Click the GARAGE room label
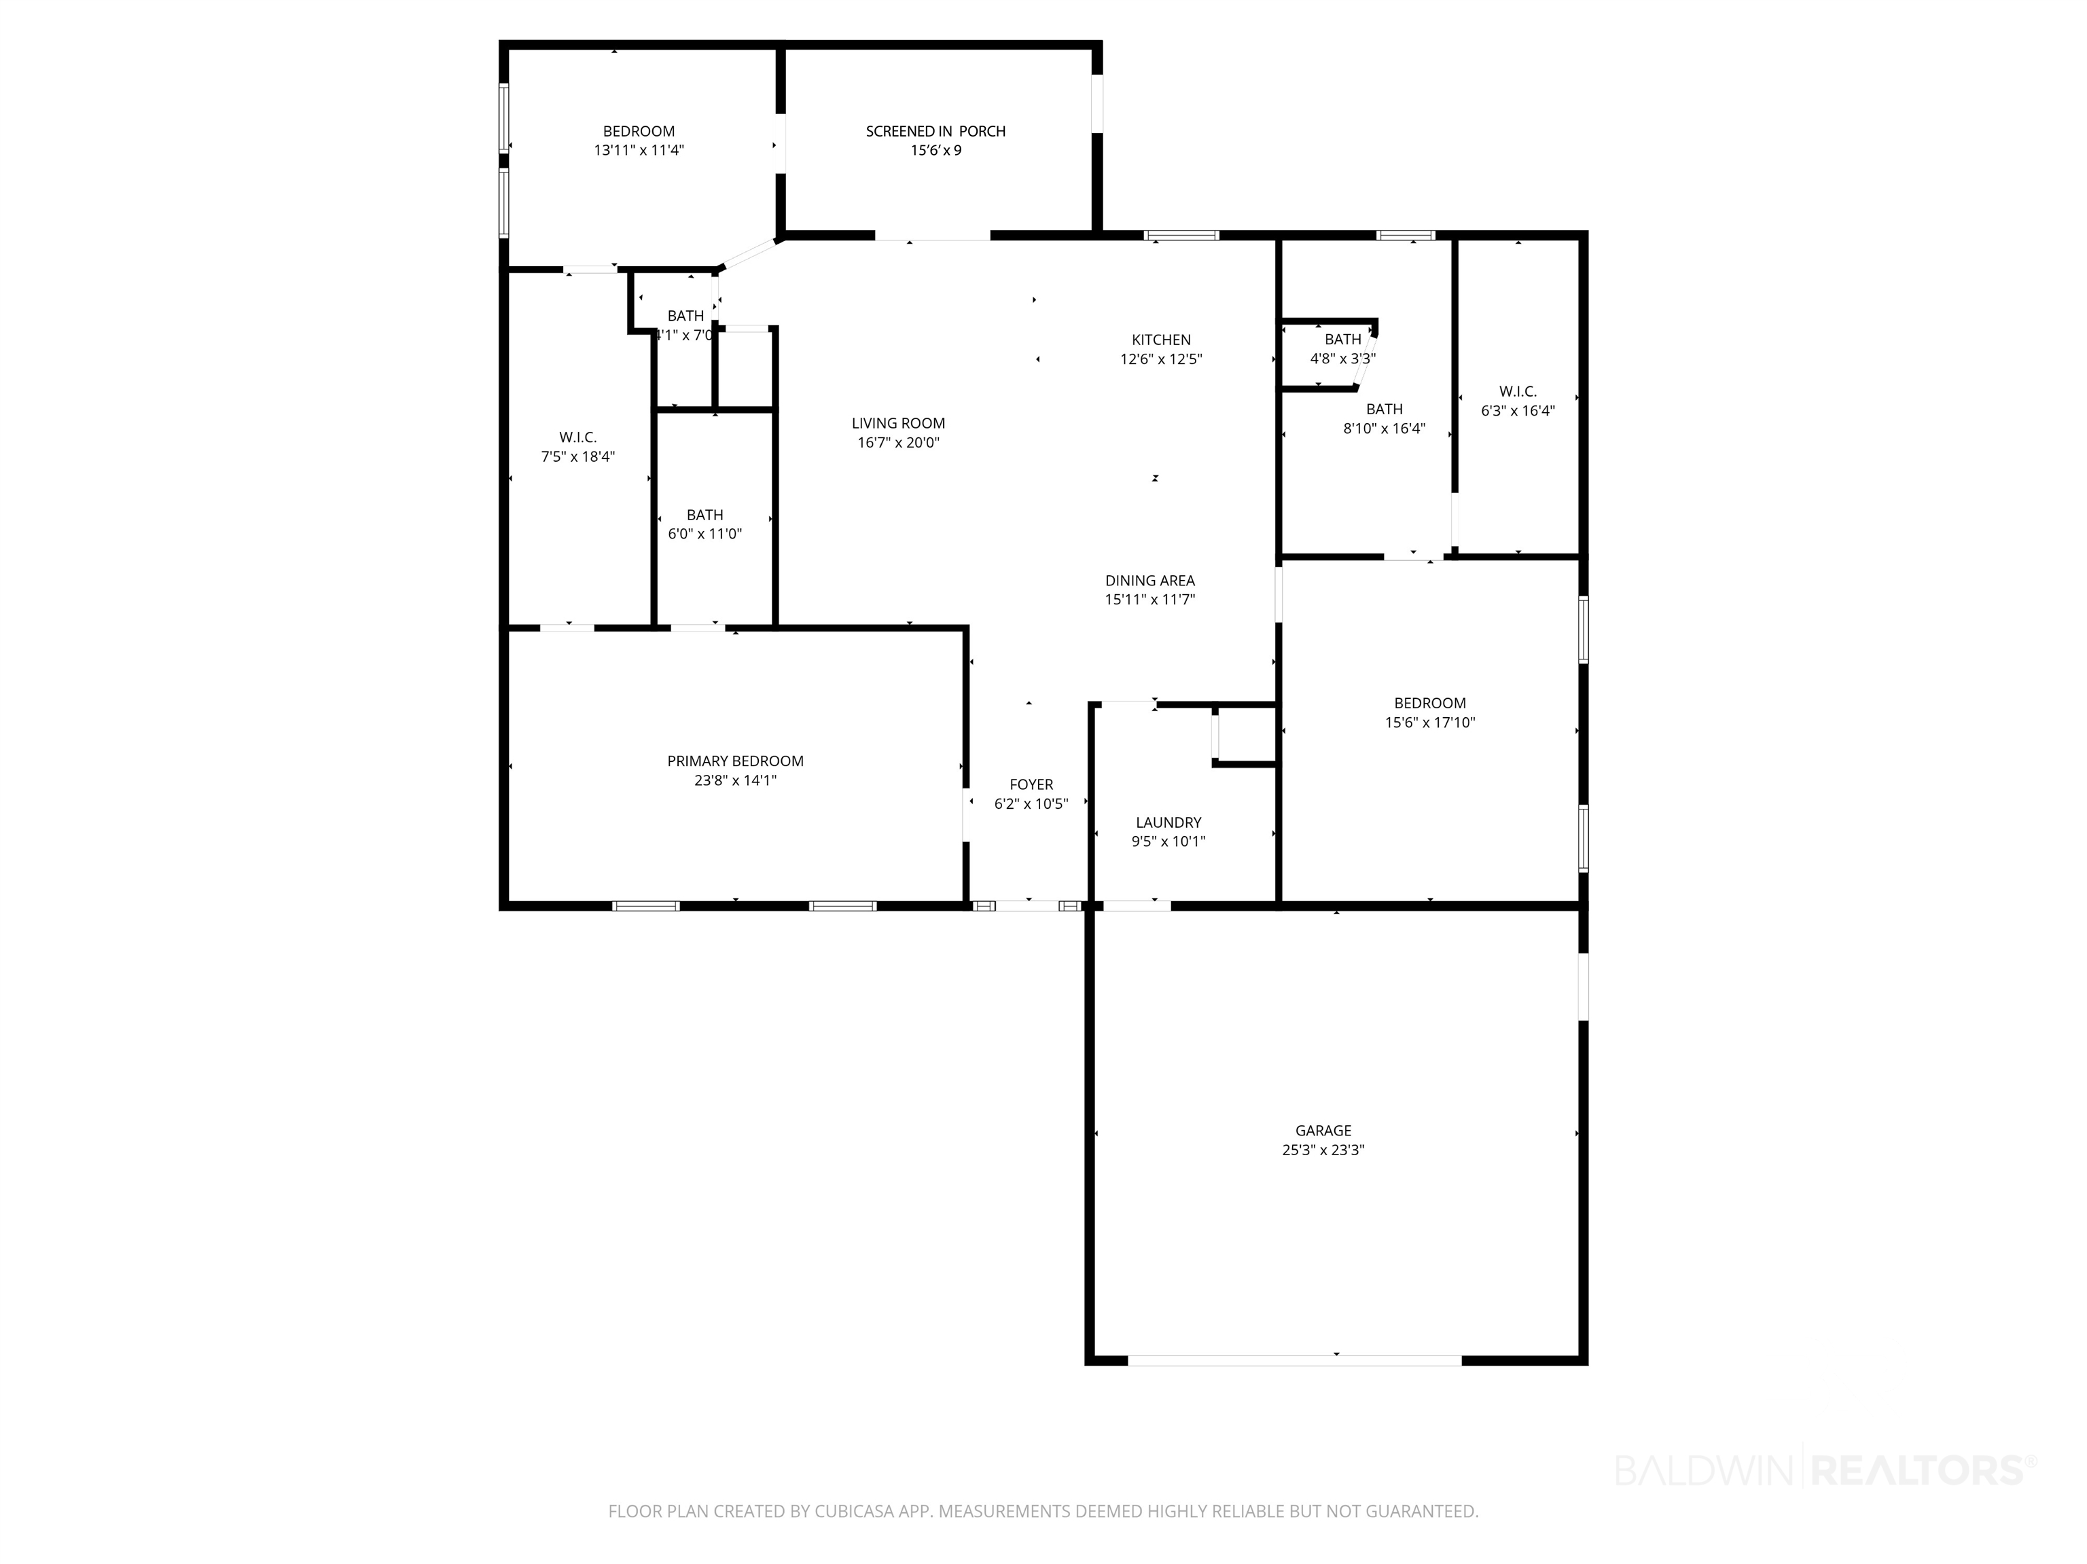click(x=1323, y=1130)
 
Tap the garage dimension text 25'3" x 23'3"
click(x=1323, y=1150)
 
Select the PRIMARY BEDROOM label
click(x=735, y=761)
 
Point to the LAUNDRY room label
click(x=1168, y=822)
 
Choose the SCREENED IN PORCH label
click(x=936, y=131)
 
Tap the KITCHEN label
click(x=1162, y=340)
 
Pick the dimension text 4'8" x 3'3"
click(x=1342, y=359)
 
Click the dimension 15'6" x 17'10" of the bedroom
click(x=1429, y=723)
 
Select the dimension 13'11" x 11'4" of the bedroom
click(x=639, y=151)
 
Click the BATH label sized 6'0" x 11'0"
click(x=704, y=515)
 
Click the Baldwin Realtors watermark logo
click(x=1825, y=1470)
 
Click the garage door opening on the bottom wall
click(x=1294, y=1360)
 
